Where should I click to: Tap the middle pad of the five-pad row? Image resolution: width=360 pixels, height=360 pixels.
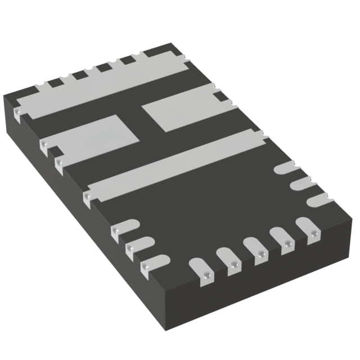(x=255, y=250)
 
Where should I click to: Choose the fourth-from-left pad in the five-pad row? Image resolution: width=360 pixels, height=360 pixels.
(x=281, y=239)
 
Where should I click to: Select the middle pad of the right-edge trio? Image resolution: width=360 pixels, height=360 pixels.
(x=300, y=183)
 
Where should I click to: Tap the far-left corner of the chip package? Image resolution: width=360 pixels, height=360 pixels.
(x=4, y=96)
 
